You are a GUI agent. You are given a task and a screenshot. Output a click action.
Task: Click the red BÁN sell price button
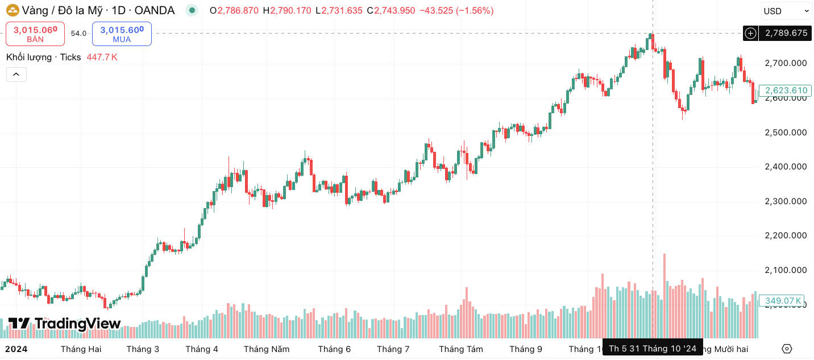point(35,34)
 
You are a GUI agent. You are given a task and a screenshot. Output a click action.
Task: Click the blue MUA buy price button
point(122,34)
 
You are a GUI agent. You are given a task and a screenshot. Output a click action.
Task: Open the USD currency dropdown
point(786,11)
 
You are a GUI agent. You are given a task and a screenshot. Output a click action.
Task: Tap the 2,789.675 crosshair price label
point(786,33)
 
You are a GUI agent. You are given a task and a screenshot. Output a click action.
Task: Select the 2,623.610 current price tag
point(786,90)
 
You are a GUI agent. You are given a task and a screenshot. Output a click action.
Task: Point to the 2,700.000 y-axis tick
point(786,63)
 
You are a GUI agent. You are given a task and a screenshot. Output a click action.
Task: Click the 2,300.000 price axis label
point(786,201)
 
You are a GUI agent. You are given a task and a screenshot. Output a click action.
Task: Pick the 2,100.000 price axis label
point(786,270)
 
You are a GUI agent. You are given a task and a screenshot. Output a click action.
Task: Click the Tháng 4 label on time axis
point(202,349)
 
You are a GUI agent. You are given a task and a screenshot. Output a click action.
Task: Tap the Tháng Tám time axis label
point(461,349)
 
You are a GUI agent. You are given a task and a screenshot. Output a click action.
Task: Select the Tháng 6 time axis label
point(334,349)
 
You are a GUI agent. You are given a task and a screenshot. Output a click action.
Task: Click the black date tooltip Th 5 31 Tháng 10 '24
point(653,349)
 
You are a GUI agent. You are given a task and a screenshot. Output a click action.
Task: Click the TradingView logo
point(64,324)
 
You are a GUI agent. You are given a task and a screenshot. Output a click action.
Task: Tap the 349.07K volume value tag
point(783,301)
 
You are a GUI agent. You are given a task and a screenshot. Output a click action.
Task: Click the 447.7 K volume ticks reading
point(102,57)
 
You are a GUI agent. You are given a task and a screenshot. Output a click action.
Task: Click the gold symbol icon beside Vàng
point(13,11)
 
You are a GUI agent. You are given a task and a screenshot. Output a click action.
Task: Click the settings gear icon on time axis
point(787,349)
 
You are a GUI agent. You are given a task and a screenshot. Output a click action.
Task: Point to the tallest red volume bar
point(664,296)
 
